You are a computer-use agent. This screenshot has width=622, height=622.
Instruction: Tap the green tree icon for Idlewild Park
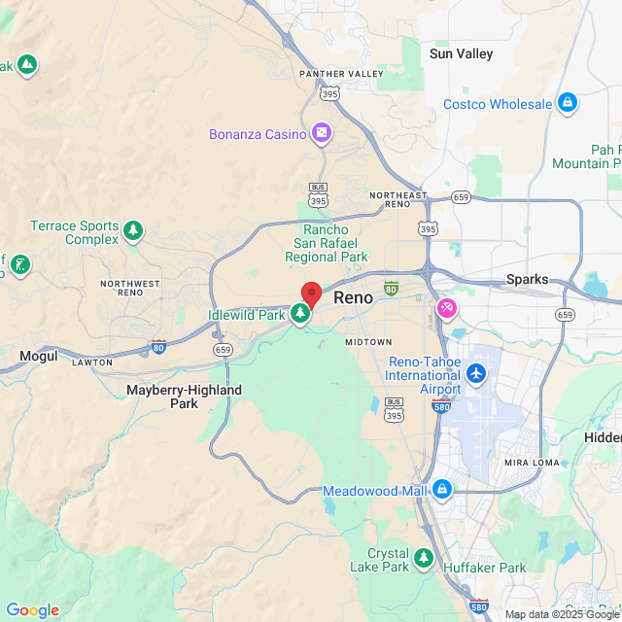click(301, 313)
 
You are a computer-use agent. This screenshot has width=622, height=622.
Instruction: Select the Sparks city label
click(527, 279)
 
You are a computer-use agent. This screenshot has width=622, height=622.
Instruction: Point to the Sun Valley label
click(461, 54)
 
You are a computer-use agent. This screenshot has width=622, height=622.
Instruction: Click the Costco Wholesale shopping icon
click(568, 103)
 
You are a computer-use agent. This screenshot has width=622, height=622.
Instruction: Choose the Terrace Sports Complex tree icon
click(132, 231)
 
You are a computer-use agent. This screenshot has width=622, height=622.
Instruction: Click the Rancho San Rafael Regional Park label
click(326, 244)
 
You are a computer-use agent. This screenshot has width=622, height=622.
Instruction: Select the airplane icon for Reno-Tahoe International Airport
click(475, 373)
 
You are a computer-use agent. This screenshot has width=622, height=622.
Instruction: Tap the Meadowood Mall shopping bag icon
click(442, 489)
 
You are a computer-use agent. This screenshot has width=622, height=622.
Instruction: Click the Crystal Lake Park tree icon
click(423, 558)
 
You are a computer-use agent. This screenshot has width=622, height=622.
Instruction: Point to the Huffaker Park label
click(484, 568)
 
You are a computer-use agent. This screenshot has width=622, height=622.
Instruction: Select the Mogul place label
click(39, 357)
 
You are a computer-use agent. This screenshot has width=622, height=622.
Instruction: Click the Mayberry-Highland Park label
click(185, 397)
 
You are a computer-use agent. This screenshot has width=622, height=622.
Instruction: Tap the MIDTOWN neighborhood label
click(368, 342)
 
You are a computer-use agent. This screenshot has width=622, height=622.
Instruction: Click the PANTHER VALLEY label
click(341, 74)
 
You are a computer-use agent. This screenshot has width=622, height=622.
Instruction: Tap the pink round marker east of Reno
click(447, 309)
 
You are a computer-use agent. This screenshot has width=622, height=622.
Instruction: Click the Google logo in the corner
click(32, 610)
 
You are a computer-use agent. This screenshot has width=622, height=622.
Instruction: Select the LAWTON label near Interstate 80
click(93, 363)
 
